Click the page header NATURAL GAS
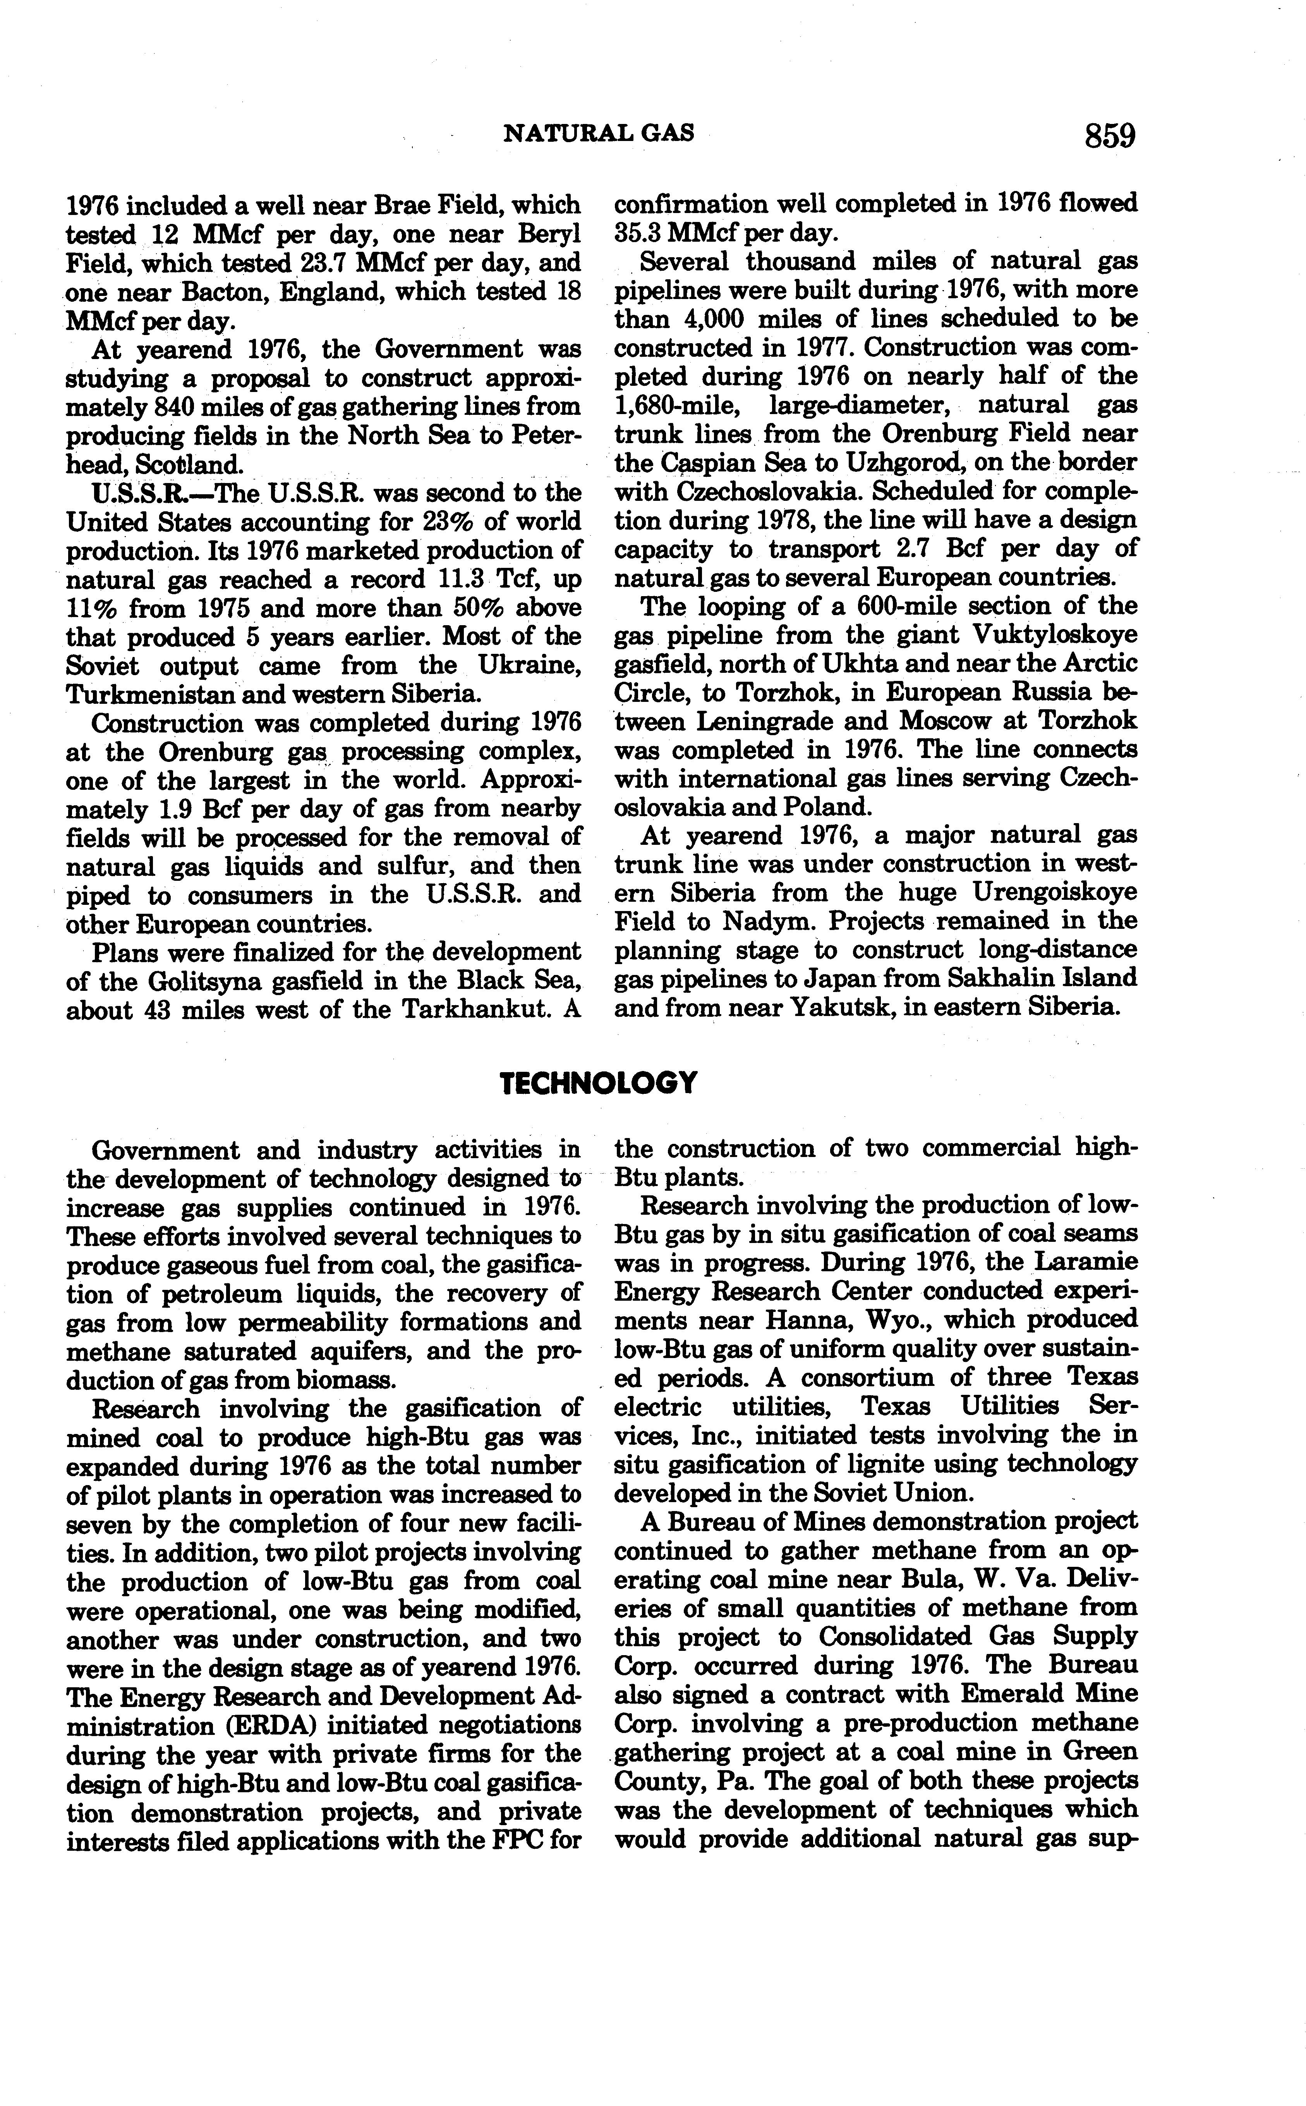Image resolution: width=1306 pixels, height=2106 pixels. [599, 132]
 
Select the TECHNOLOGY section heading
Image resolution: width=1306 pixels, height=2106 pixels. [599, 1082]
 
